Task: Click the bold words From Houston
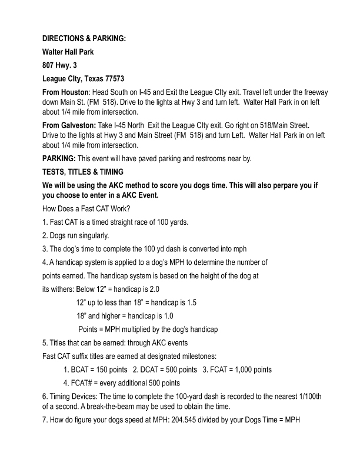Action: (65, 93)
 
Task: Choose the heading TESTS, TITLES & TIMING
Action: (83, 171)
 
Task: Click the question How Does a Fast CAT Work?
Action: (90, 209)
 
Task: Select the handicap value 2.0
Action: (153, 289)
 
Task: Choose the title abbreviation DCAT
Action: (151, 370)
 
